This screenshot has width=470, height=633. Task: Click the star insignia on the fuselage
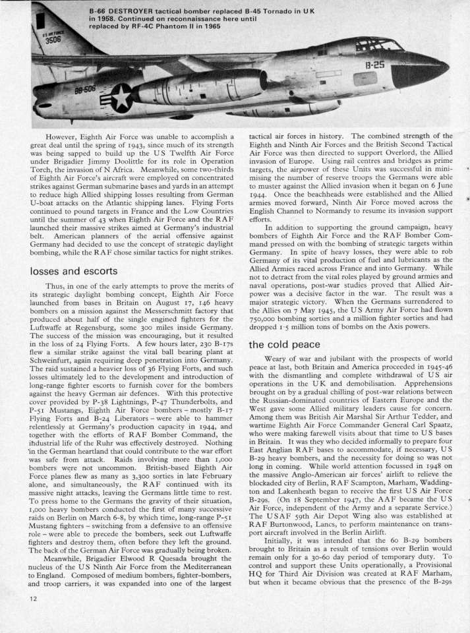coord(121,98)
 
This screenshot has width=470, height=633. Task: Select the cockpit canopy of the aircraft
coord(378,45)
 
